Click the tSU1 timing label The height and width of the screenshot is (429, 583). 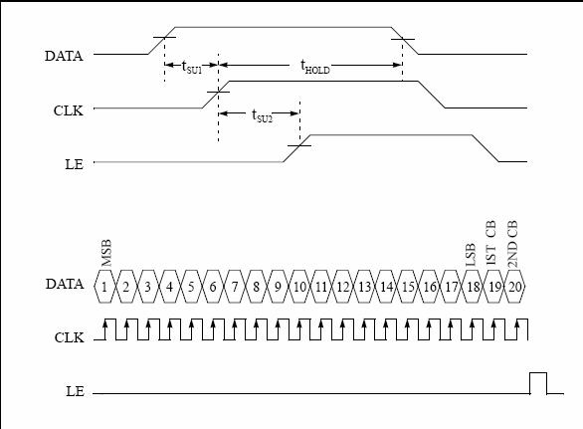tap(191, 68)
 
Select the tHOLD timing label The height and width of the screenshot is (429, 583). tap(315, 67)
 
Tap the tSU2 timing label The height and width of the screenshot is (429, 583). tap(262, 115)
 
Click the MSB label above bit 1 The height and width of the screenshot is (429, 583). tap(106, 253)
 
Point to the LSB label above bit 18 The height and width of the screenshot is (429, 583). tap(471, 255)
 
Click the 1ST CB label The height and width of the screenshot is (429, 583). tap(490, 243)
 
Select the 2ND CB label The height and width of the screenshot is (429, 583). tap(512, 244)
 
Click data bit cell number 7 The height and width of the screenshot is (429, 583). tap(235, 287)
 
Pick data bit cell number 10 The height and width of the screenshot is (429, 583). tap(299, 287)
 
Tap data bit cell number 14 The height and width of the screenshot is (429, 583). tap(387, 287)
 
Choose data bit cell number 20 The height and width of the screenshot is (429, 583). tap(514, 287)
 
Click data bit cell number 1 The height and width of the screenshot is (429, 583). tap(104, 287)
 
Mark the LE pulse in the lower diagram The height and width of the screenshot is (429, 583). tap(538, 373)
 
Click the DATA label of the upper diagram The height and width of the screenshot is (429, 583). tap(64, 56)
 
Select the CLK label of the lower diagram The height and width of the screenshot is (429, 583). tap(70, 337)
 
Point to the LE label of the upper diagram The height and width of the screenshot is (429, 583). tap(74, 164)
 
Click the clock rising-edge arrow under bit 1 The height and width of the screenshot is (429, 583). tap(105, 329)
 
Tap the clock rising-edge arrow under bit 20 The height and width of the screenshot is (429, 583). tap(517, 329)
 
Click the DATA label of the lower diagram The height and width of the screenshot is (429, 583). tap(65, 284)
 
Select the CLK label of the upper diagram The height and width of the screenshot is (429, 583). tap(69, 110)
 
